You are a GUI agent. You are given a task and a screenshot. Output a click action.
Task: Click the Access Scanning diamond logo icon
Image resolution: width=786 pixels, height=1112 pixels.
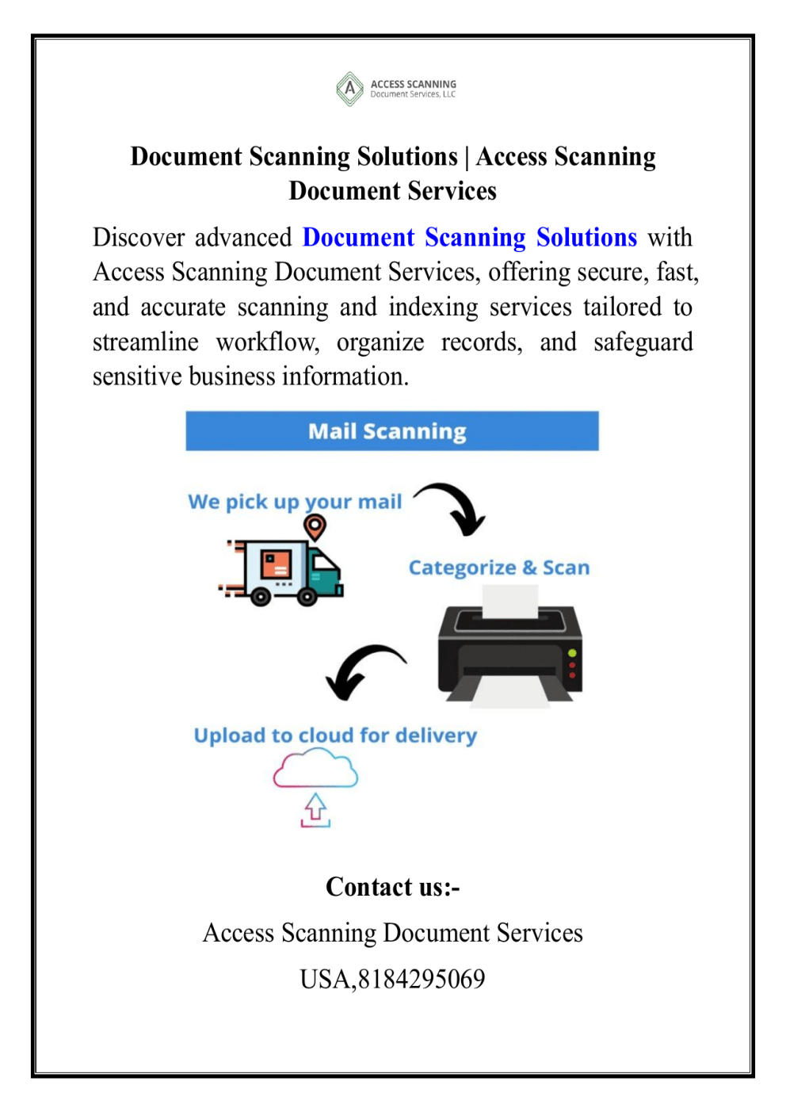(x=349, y=89)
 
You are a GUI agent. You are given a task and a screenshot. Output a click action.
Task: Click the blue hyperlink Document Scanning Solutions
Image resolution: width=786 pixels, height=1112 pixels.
(x=469, y=238)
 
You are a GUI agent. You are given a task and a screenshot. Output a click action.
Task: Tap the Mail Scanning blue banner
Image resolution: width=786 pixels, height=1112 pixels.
(x=392, y=431)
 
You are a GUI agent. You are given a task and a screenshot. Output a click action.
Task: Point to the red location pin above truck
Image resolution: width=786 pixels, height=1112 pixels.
(x=315, y=525)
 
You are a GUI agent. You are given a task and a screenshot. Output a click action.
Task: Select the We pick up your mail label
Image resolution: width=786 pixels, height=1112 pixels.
(x=295, y=502)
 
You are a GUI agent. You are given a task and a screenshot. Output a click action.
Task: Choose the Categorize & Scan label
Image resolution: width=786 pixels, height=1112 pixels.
(x=499, y=567)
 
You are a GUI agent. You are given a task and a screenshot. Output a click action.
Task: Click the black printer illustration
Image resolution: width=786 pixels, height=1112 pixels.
(x=509, y=650)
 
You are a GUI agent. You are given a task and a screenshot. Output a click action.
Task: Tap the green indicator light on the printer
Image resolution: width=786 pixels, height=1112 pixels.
(x=572, y=653)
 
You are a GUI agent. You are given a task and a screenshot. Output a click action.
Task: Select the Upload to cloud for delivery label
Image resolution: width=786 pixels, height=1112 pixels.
(x=335, y=736)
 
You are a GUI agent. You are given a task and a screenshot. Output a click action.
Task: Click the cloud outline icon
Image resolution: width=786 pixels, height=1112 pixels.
(x=315, y=770)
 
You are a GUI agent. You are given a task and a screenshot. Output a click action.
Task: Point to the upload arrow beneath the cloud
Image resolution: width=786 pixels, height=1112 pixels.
(x=315, y=810)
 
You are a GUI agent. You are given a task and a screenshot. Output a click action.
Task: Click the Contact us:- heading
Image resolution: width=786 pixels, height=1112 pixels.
(x=393, y=887)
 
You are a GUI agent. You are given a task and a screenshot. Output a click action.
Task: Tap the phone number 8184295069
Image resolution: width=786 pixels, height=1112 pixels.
(x=422, y=980)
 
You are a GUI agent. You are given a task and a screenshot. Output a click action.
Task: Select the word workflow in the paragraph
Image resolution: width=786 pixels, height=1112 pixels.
(x=267, y=342)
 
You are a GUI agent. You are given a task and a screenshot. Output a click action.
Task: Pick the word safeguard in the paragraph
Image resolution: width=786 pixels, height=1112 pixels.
(x=643, y=342)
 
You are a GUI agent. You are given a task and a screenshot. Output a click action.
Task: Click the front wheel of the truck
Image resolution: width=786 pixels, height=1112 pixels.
(x=307, y=598)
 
